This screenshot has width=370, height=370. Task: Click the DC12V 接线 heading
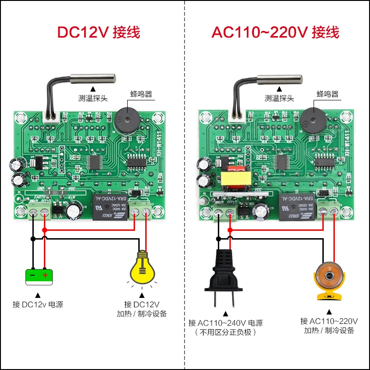tap(98, 32)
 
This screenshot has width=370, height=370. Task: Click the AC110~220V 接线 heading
tap(276, 32)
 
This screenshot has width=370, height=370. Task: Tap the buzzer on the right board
tap(312, 119)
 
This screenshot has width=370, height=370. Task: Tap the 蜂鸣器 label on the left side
tap(142, 94)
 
